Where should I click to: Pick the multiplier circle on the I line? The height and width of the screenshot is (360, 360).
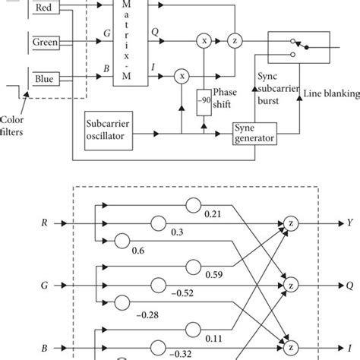pos(181,76)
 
